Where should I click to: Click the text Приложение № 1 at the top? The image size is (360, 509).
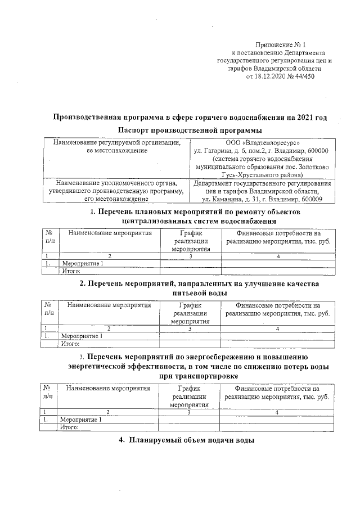click(280, 44)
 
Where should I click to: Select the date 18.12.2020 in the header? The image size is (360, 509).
click(270, 76)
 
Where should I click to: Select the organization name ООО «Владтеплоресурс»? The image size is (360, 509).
click(262, 143)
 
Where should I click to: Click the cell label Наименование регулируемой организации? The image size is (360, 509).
click(117, 143)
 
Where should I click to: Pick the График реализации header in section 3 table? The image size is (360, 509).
click(189, 396)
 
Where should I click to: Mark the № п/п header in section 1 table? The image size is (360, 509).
click(49, 237)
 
